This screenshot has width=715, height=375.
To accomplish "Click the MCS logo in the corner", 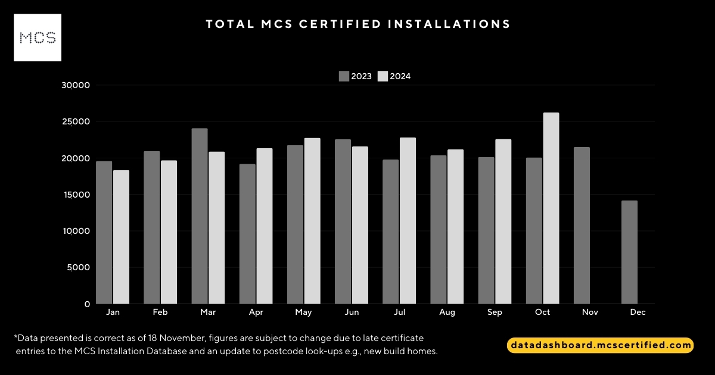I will click(38, 37).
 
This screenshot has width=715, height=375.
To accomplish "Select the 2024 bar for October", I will click(551, 208).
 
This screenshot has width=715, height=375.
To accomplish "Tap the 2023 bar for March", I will click(200, 216).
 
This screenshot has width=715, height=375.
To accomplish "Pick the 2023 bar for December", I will click(629, 252).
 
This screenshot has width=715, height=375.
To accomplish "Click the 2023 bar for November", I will click(582, 226).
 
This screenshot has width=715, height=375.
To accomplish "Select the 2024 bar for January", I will click(121, 237).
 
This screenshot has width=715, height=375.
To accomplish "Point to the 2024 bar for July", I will click(408, 221).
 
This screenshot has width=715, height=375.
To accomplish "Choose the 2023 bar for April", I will click(247, 234).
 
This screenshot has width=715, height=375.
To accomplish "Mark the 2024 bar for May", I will click(312, 221).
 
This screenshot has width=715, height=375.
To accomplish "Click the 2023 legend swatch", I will click(344, 76).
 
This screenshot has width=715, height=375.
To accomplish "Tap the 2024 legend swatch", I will click(383, 76).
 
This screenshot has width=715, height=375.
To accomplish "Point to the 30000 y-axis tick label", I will click(76, 85).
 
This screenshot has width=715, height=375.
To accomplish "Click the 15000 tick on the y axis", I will click(76, 195).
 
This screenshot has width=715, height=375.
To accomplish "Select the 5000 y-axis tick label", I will click(78, 267).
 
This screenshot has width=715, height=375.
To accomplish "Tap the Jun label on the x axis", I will click(352, 312).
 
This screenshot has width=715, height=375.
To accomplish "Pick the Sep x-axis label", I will click(495, 312).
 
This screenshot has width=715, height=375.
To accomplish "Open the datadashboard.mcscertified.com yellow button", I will click(600, 345).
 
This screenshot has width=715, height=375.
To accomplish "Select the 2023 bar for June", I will click(343, 221).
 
